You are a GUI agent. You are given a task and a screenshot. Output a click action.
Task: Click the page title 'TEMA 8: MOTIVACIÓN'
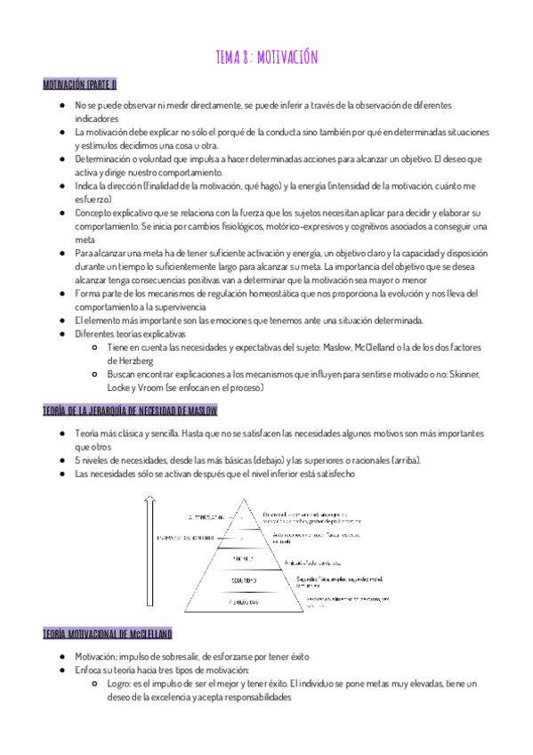[x=266, y=57]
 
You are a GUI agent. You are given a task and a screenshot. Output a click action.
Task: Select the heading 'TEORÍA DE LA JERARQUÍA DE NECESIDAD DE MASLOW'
[x=130, y=410]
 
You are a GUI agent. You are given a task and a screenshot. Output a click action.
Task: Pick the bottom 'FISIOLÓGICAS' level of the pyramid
[x=242, y=602]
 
